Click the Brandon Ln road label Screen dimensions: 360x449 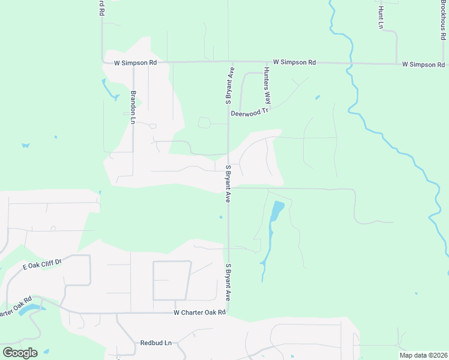pyautogui.click(x=133, y=107)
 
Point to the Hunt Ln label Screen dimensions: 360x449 pyautogui.click(x=381, y=17)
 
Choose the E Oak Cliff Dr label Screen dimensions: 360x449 pyautogui.click(x=43, y=264)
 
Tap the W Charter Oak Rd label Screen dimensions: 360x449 pyautogui.click(x=200, y=312)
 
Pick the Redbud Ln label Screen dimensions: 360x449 pyautogui.click(x=156, y=343)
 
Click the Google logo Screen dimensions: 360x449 pyautogui.click(x=20, y=352)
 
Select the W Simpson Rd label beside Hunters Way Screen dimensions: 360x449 pyautogui.click(x=294, y=62)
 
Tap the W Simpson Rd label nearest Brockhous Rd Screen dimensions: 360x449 pyautogui.click(x=423, y=64)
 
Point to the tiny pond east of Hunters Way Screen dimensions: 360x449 pyautogui.click(x=318, y=97)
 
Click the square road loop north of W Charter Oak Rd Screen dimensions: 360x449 pyautogui.click(x=172, y=280)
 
